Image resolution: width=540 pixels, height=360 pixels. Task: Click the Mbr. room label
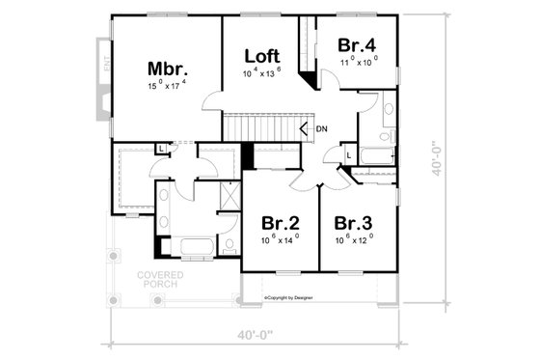tap(167, 69)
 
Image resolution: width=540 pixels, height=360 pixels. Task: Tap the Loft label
tap(261, 55)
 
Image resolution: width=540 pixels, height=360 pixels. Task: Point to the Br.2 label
tap(281, 220)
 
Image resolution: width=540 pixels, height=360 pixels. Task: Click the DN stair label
tap(322, 127)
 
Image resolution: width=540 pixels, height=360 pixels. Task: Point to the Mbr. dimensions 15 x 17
tap(167, 86)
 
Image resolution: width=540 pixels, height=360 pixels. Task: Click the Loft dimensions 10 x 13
tap(261, 72)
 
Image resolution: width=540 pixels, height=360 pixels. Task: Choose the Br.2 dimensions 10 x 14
tap(281, 237)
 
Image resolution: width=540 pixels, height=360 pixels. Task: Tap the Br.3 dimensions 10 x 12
tap(355, 237)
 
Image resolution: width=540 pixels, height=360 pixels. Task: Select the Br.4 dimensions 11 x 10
tap(356, 60)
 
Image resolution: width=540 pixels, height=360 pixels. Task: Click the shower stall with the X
tap(229, 195)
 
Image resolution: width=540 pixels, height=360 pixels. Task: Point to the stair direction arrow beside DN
tap(306, 127)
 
